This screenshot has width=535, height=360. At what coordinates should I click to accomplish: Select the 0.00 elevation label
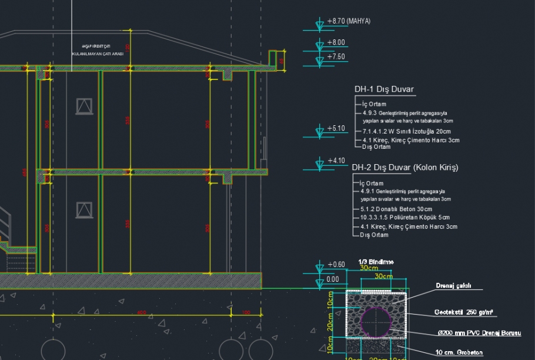pos(333,279)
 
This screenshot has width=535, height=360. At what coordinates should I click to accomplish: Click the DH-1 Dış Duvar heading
pos(384,89)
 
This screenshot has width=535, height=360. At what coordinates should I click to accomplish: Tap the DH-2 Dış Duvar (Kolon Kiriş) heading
pos(404,168)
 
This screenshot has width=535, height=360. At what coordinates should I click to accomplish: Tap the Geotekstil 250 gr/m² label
pos(463,312)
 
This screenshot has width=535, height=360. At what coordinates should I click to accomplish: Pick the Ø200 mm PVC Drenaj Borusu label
pos(479,334)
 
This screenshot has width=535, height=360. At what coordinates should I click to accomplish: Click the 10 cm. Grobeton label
pos(459,353)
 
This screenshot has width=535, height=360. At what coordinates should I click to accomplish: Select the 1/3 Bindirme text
pos(376,261)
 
